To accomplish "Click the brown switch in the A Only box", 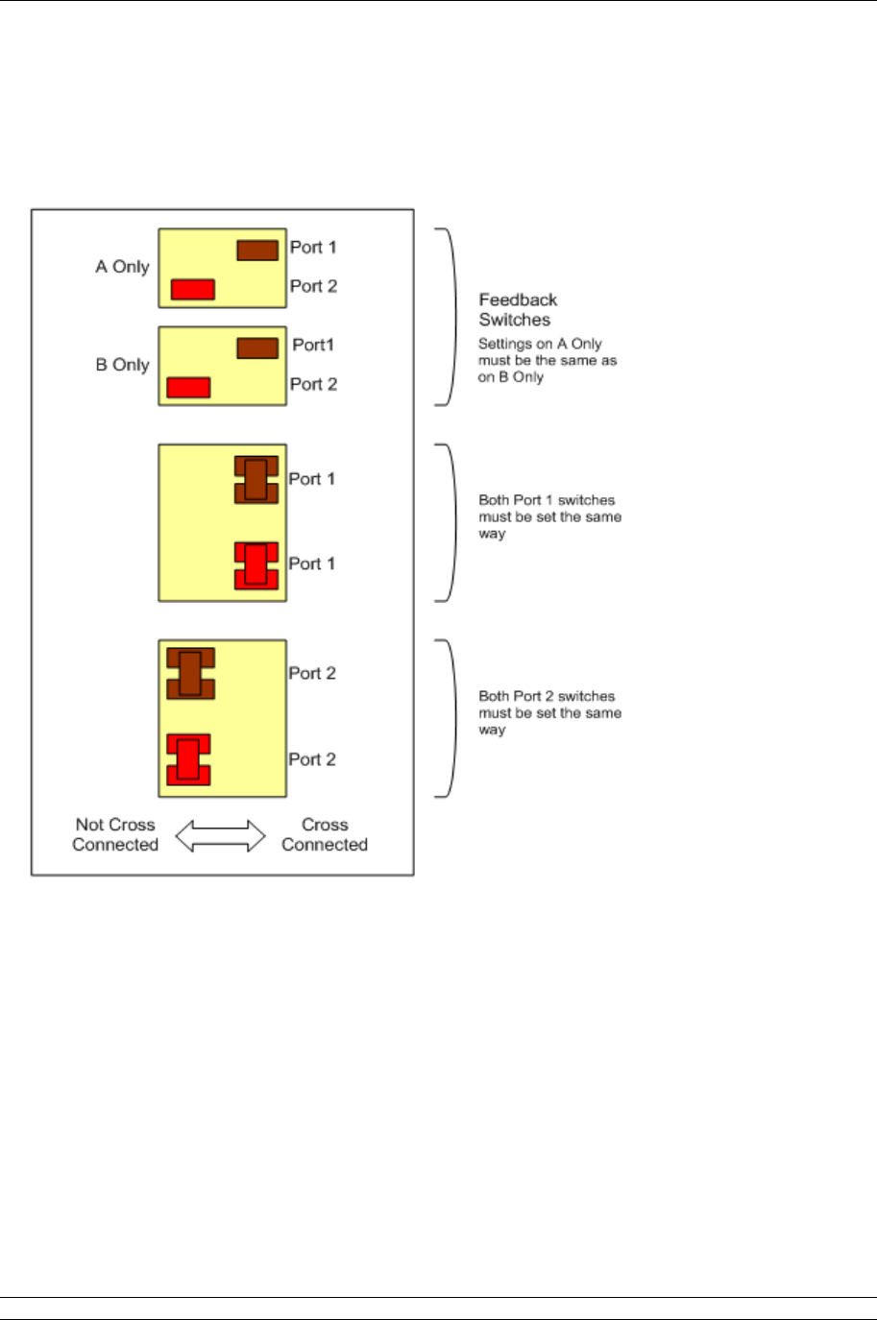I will point(257,251).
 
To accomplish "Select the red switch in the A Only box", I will point(192,289).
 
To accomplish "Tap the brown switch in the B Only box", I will point(257,348).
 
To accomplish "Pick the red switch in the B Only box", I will point(188,387).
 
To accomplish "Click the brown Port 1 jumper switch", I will point(256,479).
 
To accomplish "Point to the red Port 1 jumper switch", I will point(256,564).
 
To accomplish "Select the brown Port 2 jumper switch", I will point(190,673).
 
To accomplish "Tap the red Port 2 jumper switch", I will point(188,759).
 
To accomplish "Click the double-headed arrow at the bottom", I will point(220,835).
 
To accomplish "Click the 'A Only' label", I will point(122,267).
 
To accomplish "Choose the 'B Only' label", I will point(122,365).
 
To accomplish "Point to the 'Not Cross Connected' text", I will point(115,834).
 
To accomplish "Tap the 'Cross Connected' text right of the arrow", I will point(325,834).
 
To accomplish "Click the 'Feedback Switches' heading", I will point(518,310).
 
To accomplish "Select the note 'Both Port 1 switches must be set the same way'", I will point(550,516).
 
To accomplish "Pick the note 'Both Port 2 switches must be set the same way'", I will point(550,713).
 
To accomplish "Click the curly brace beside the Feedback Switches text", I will point(448,317).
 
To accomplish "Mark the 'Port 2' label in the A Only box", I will point(313,286).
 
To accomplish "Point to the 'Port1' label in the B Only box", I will point(313,345).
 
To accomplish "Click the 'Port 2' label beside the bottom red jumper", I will point(312,759).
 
